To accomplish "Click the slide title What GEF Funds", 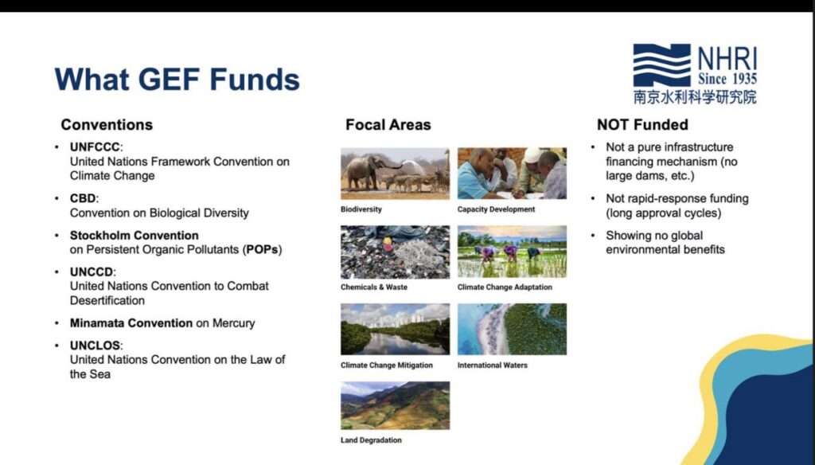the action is pos(177,80).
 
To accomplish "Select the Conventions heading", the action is pos(107,125).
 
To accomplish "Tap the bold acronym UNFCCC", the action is pos(95,147).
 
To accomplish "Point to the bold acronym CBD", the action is pos(83,199).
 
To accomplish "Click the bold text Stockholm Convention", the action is pos(134,236).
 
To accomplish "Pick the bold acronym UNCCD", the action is pos(91,272).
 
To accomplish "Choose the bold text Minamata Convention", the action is pos(131,323).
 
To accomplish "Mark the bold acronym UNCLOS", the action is pos(96,346).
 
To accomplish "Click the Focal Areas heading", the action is pos(388,125).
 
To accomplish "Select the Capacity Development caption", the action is pos(496,209).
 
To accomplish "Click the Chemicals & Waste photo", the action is pos(395,252).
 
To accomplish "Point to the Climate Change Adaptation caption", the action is pos(505,287).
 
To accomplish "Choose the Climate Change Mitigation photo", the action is pos(395,330).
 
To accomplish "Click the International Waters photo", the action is pos(512,330).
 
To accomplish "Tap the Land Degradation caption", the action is pos(371,440).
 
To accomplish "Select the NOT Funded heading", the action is pos(642,125).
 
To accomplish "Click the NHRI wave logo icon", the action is pos(661,65).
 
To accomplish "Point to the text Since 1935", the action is pos(727,79).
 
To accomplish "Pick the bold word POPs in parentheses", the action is pos(262,250).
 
